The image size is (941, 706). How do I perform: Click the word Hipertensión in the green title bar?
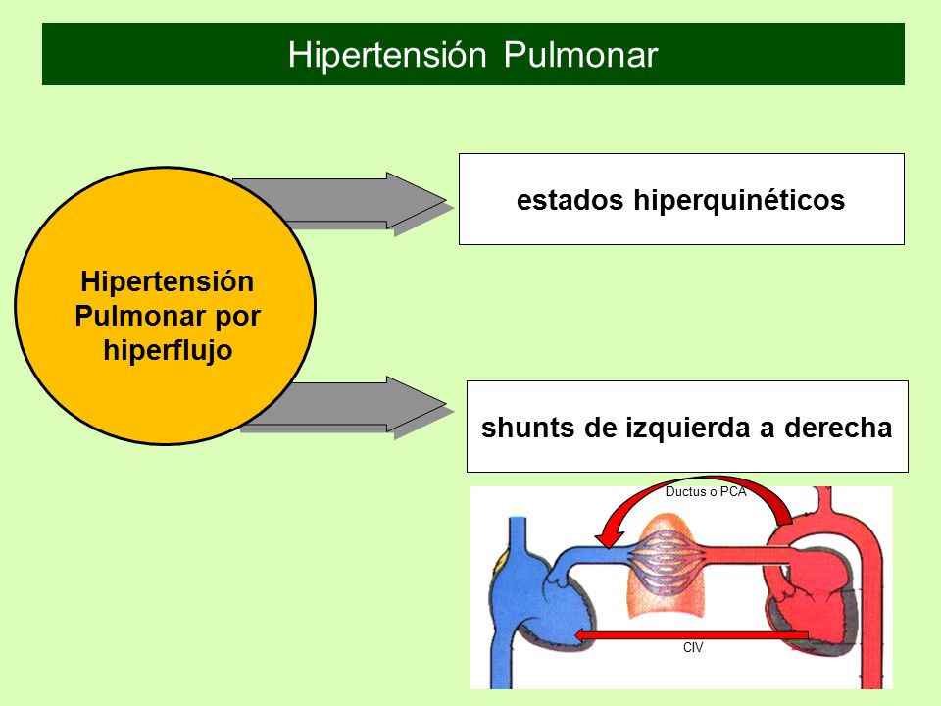[x=387, y=55]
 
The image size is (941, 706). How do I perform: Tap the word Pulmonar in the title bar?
[x=581, y=55]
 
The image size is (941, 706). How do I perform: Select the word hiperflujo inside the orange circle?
[x=168, y=350]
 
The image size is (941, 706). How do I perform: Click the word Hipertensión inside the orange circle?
[x=168, y=281]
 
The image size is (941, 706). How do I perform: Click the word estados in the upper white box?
[x=570, y=200]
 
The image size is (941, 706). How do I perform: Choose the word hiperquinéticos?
[x=739, y=200]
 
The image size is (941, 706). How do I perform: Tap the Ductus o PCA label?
[x=706, y=491]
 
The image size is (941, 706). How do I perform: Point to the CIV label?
[x=693, y=648]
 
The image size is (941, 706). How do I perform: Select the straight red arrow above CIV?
[x=691, y=635]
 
